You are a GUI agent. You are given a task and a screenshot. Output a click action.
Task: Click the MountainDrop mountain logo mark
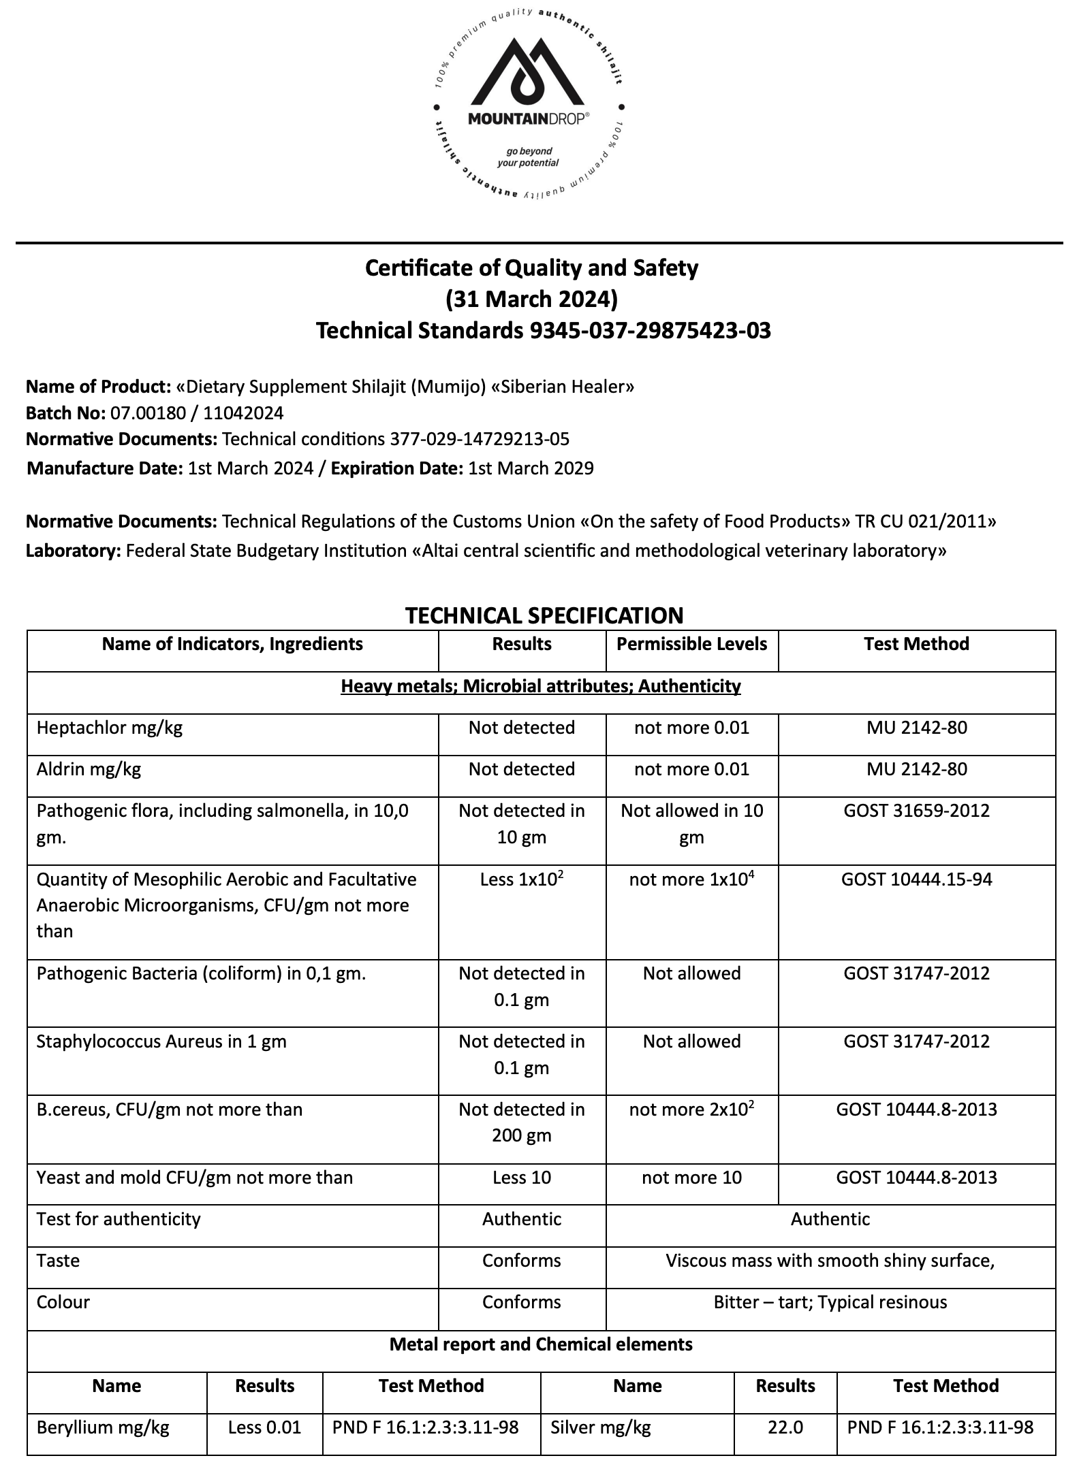(x=529, y=75)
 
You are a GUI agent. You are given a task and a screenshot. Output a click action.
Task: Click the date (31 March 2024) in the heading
(x=531, y=299)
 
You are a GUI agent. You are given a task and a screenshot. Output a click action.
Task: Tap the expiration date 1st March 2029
(x=531, y=468)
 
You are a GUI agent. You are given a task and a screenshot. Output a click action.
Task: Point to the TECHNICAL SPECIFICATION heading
(x=544, y=615)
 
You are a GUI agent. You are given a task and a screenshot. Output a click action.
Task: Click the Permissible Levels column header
(x=691, y=644)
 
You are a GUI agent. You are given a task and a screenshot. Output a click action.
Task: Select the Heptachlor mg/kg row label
(x=110, y=728)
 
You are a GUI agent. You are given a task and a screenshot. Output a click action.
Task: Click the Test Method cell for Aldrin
(x=916, y=769)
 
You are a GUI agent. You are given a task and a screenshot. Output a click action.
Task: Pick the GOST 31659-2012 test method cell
(x=916, y=811)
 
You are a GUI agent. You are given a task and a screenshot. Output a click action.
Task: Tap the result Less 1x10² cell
(x=522, y=879)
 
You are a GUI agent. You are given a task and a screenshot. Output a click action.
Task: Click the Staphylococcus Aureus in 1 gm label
(x=161, y=1041)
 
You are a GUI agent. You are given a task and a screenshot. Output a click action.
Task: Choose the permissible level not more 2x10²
(x=691, y=1110)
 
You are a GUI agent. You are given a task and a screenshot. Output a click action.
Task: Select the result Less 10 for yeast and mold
(x=522, y=1178)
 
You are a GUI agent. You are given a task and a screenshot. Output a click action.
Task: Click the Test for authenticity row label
(x=119, y=1218)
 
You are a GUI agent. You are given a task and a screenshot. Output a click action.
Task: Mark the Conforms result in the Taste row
(x=522, y=1261)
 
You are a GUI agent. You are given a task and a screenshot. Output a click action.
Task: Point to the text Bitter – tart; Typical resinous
(x=830, y=1302)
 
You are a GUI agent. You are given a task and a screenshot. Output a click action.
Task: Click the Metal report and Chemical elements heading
(x=541, y=1344)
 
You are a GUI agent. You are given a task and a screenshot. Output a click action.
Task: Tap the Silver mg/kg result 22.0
(x=785, y=1427)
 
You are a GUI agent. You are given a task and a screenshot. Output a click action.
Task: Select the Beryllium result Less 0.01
(x=264, y=1427)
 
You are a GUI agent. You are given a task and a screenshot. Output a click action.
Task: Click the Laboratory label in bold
(x=73, y=551)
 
